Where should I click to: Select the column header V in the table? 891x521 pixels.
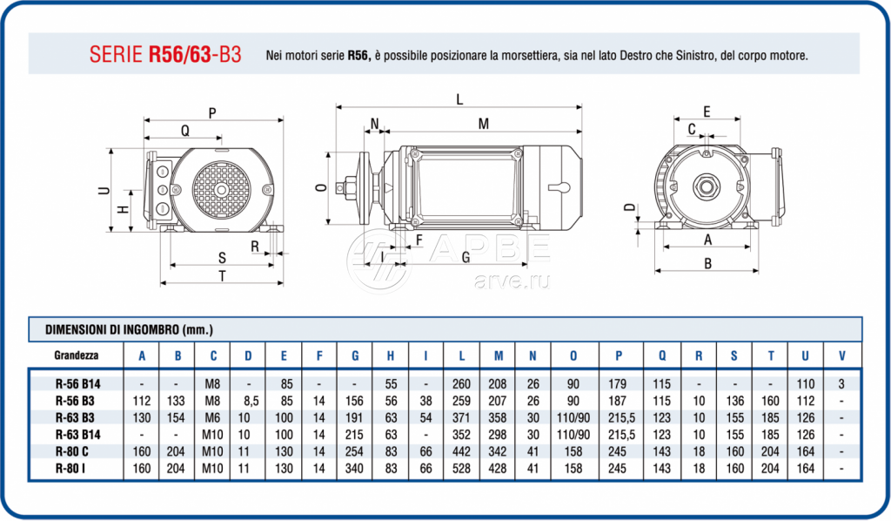840,355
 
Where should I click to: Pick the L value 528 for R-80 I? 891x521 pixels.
459,469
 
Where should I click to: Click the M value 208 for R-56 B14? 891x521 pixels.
499,384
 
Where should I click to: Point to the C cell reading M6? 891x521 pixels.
212,417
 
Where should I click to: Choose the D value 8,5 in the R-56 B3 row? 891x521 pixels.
248,401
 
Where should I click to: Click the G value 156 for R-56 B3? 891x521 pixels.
355,401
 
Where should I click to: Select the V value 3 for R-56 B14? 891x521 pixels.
840,384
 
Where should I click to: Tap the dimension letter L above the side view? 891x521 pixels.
459,99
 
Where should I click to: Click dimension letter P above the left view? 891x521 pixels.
212,113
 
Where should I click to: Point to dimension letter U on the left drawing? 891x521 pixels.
104,191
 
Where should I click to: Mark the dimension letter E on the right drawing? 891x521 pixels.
707,112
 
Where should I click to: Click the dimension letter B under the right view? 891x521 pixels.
707,263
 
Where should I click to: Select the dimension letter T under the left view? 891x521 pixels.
223,276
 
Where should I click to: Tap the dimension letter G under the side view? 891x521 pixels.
466,257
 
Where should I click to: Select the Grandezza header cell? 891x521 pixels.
76,355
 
